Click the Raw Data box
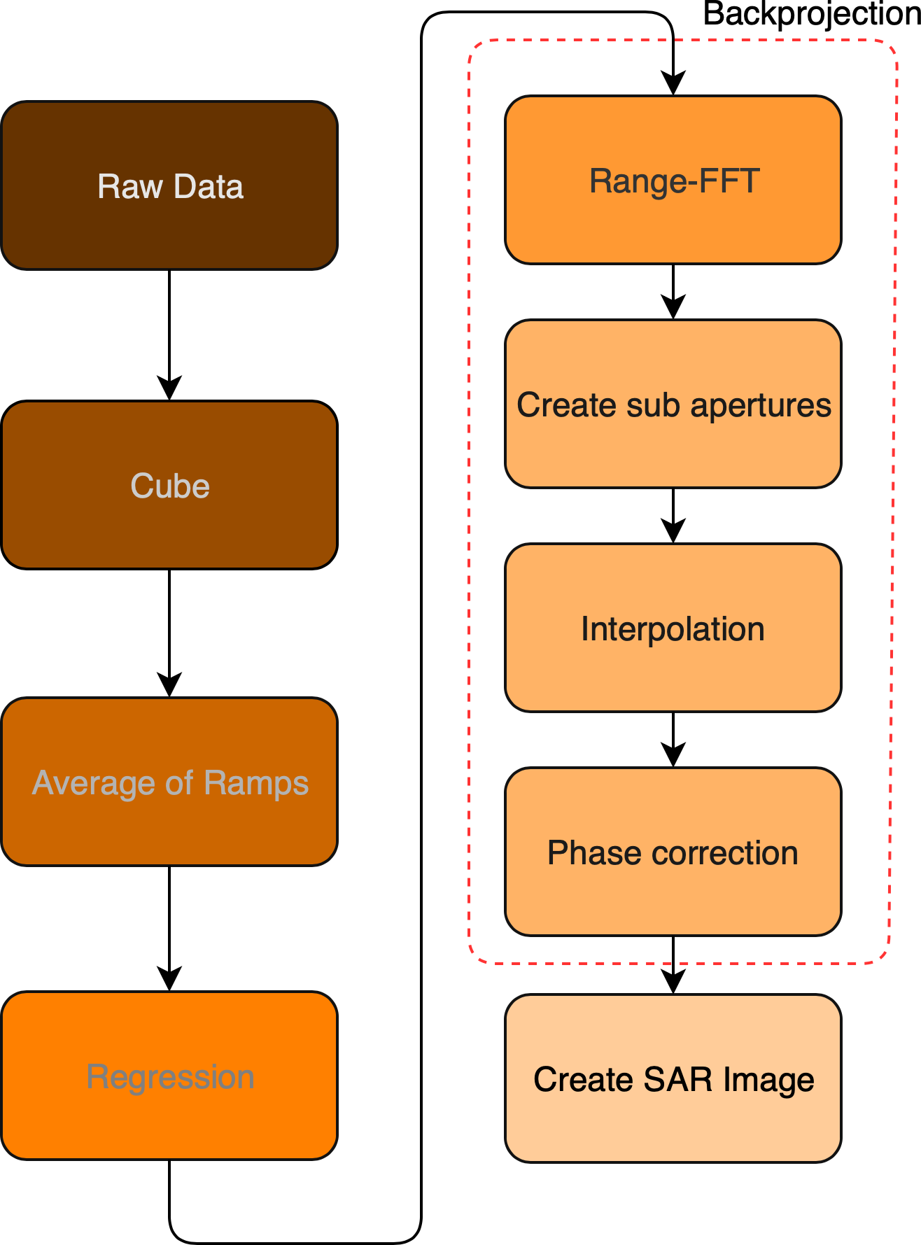[169, 185]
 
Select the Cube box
[169, 485]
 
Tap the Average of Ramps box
[169, 782]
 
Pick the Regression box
[169, 1076]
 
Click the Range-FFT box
[673, 180]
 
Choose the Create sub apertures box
[673, 404]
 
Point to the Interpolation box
[673, 628]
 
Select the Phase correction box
[673, 852]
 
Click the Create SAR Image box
[673, 1078]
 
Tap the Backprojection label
[811, 14]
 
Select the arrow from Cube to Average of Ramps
[169, 633]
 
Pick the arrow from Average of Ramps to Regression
[169, 928]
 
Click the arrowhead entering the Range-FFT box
[673, 84]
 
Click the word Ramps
[256, 782]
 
